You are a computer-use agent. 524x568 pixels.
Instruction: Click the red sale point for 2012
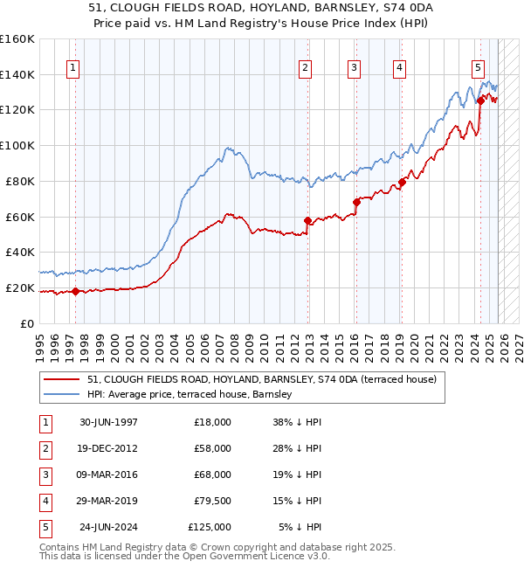(x=307, y=220)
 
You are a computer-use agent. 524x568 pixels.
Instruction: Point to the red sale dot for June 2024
(x=479, y=100)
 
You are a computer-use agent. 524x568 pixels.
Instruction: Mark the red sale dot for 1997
(x=76, y=291)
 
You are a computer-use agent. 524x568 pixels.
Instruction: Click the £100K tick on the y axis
(x=17, y=145)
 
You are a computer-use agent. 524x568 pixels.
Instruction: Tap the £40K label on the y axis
(x=20, y=252)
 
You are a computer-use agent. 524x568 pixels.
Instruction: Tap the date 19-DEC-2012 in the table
(x=108, y=448)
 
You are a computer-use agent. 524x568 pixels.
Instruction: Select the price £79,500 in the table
(x=212, y=501)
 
